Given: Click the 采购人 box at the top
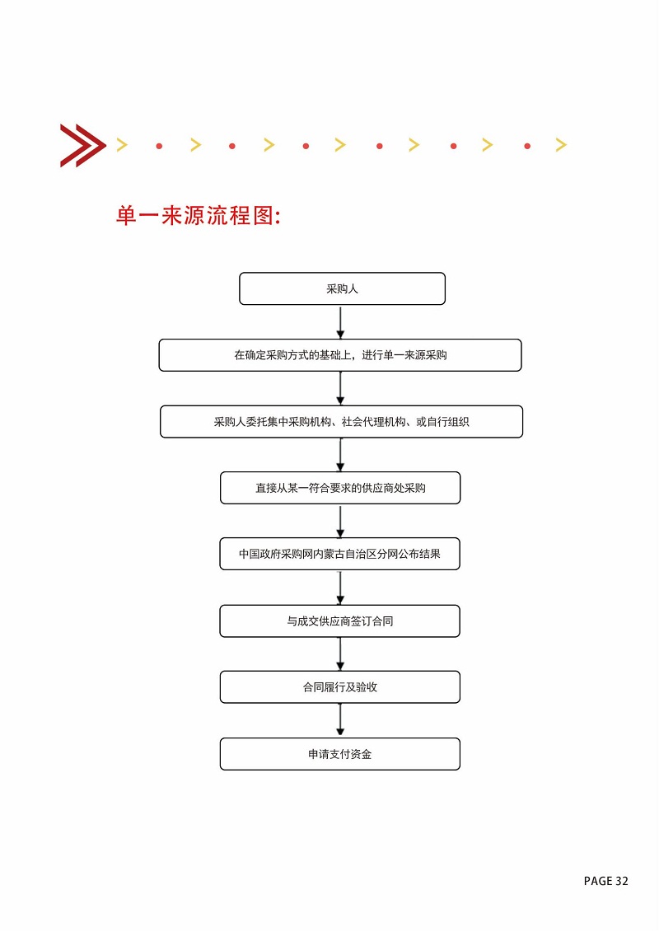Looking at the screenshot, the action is pyautogui.click(x=342, y=289).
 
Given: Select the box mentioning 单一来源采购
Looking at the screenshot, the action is pyautogui.click(x=340, y=355).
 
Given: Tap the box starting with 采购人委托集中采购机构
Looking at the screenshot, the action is pyautogui.click(x=341, y=422).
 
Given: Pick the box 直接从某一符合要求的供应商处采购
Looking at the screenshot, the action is pyautogui.click(x=340, y=488).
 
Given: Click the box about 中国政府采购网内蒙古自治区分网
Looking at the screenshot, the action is pyautogui.click(x=340, y=554).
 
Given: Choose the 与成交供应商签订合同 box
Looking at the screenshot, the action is pyautogui.click(x=340, y=621).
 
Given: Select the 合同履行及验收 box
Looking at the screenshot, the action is pyautogui.click(x=340, y=687).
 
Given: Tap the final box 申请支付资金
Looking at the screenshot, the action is pyautogui.click(x=340, y=754).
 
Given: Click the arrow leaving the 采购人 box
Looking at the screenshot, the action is pyautogui.click(x=340, y=322).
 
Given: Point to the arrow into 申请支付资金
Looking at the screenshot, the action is pyautogui.click(x=340, y=720).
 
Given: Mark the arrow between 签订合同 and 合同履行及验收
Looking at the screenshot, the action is pyautogui.click(x=340, y=653).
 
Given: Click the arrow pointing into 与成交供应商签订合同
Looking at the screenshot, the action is pyautogui.click(x=340, y=588).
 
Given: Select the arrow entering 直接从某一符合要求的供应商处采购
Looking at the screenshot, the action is pyautogui.click(x=340, y=455).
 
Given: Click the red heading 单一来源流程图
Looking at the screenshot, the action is pyautogui.click(x=199, y=215).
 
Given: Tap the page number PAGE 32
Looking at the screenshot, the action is pyautogui.click(x=605, y=881).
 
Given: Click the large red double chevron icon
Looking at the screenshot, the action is pyautogui.click(x=83, y=146).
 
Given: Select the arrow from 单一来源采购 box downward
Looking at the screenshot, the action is pyautogui.click(x=340, y=389).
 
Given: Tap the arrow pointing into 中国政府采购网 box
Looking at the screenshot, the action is pyautogui.click(x=340, y=522).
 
